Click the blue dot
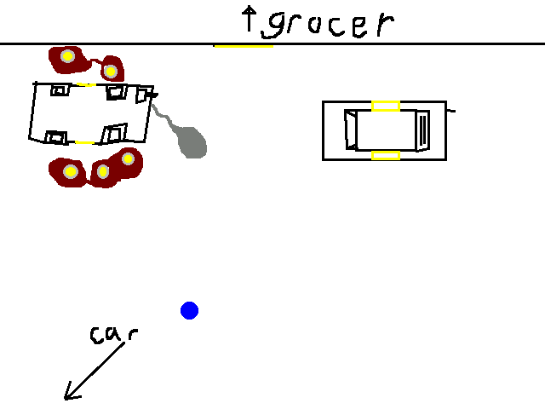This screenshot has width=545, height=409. pyautogui.click(x=189, y=310)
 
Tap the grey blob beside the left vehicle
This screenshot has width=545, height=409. pyautogui.click(x=191, y=142)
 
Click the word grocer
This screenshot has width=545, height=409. pyautogui.click(x=327, y=24)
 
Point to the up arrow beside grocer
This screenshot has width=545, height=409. pyautogui.click(x=250, y=19)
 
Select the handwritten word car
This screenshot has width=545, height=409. pyautogui.click(x=112, y=334)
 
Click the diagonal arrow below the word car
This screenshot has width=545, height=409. pyautogui.click(x=94, y=372)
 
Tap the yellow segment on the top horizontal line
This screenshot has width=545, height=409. pyautogui.click(x=243, y=44)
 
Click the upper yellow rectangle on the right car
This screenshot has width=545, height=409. pyautogui.click(x=386, y=106)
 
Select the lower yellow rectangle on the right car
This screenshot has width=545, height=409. pyautogui.click(x=386, y=155)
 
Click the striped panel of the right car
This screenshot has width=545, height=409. pyautogui.click(x=423, y=130)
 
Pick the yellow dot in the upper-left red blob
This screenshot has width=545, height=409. pyautogui.click(x=66, y=57)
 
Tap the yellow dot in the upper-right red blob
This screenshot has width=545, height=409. pyautogui.click(x=110, y=71)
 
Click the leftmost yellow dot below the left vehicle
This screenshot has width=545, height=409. pyautogui.click(x=71, y=172)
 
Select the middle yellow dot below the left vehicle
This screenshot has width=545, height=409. pyautogui.click(x=103, y=172)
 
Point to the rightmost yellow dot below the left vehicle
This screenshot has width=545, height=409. pyautogui.click(x=128, y=158)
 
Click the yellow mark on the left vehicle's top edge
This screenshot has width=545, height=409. pyautogui.click(x=86, y=84)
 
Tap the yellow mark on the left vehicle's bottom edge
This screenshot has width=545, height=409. pyautogui.click(x=83, y=142)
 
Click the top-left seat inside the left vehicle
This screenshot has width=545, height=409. pyautogui.click(x=60, y=89)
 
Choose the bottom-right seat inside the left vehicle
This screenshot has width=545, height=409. pyautogui.click(x=114, y=133)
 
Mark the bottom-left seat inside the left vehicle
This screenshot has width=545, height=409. pyautogui.click(x=56, y=136)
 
